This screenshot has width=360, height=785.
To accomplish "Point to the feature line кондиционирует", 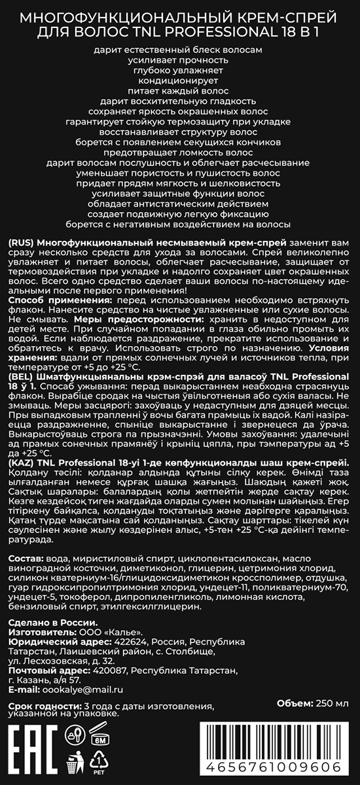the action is tap(179, 80).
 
